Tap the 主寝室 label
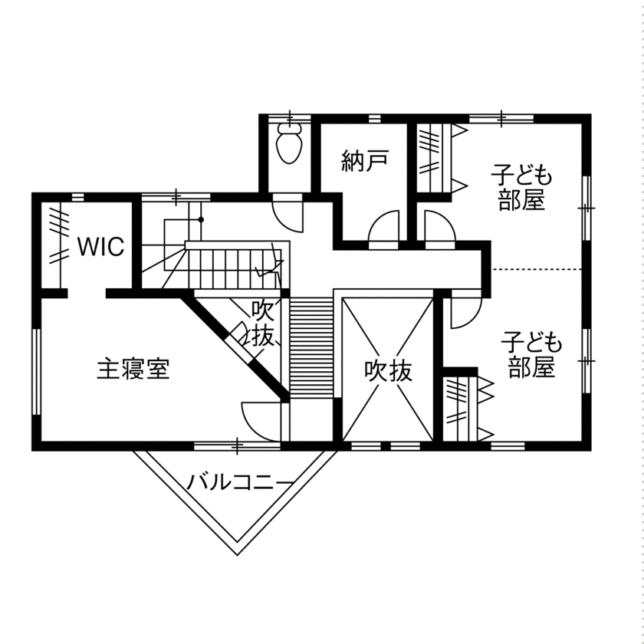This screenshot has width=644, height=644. point(133,369)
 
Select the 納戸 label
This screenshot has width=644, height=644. point(365,160)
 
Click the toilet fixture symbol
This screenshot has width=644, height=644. point(289,146)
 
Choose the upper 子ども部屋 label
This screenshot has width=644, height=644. point(521,188)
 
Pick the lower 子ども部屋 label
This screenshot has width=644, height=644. point(531,354)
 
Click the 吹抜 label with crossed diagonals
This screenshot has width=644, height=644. point(389,371)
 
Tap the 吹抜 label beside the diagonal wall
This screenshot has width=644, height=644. point(263,324)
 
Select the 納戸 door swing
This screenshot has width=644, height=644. point(383,228)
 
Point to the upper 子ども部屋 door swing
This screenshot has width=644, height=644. point(439,228)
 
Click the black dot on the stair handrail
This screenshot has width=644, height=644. point(201,220)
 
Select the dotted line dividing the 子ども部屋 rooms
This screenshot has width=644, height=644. point(537,269)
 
